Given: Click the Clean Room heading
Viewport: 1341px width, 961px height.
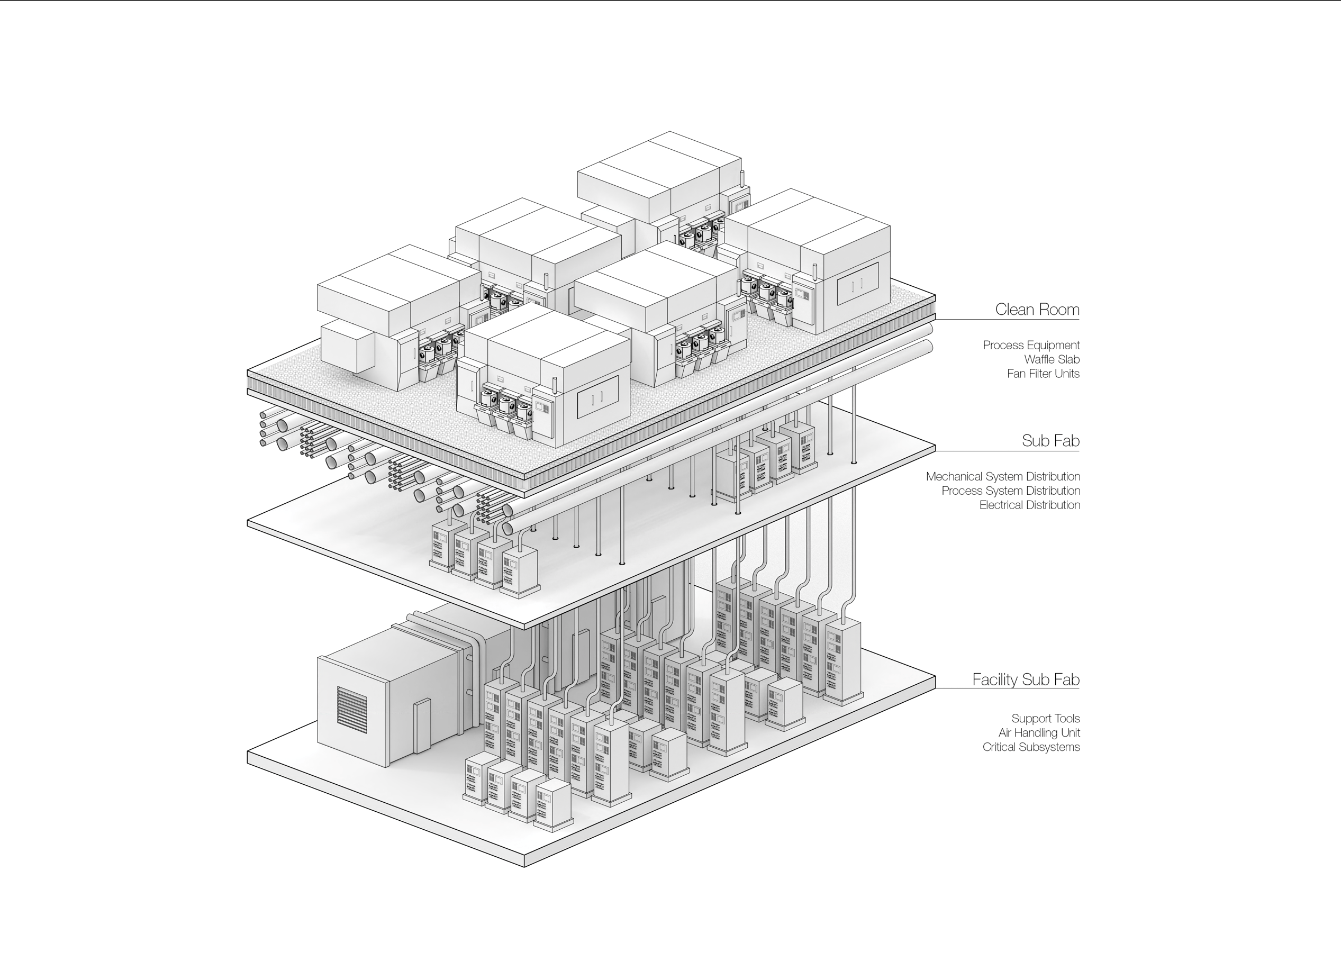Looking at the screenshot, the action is [1037, 309].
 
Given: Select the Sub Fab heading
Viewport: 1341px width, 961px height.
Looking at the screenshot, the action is [1050, 441].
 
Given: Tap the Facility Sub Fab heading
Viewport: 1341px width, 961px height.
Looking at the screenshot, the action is [1026, 679].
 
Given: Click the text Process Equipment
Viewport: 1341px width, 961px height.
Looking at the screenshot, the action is [1031, 346].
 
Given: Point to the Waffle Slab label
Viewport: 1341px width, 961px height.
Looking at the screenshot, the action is [1052, 359].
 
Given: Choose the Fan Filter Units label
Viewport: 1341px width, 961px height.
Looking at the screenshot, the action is [1044, 374].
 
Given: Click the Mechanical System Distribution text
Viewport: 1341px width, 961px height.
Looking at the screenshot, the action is [1003, 477].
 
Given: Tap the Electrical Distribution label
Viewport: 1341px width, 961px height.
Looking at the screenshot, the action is [1029, 505].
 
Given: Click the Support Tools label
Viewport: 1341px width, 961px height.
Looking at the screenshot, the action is [1045, 719].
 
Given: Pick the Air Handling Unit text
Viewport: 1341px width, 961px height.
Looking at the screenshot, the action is [1039, 733].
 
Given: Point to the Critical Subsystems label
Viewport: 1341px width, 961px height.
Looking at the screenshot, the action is [1031, 747].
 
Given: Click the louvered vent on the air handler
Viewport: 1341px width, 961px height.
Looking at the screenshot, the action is [352, 706].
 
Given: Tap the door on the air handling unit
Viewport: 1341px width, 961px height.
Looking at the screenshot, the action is [423, 726].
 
